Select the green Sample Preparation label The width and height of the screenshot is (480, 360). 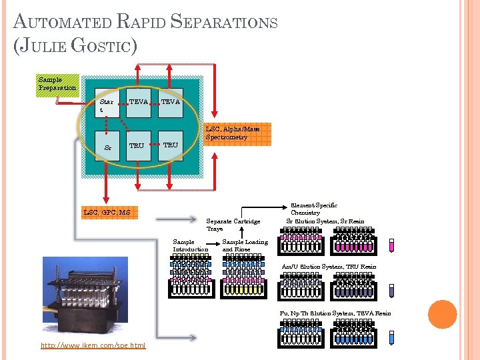[x=57, y=85]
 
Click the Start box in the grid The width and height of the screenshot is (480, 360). [x=107, y=104]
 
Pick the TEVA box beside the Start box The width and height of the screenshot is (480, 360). [x=139, y=103]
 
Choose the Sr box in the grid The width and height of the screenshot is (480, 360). [x=107, y=145]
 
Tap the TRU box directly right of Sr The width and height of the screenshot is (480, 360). [x=137, y=145]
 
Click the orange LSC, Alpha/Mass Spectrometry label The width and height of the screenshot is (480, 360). [x=236, y=133]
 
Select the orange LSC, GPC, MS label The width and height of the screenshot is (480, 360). [x=107, y=213]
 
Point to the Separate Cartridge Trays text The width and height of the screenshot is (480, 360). [x=233, y=225]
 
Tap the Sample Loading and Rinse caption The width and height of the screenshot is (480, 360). [x=245, y=246]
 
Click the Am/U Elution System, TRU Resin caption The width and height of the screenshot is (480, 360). [x=329, y=267]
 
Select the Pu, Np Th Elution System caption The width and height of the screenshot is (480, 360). [x=335, y=313]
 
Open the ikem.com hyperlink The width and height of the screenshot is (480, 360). [x=93, y=345]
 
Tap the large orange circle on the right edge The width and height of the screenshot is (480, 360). [x=442, y=314]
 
